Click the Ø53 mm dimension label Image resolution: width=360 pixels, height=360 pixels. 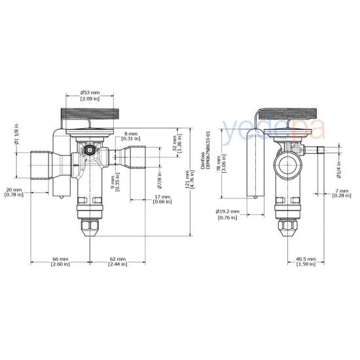(90, 96)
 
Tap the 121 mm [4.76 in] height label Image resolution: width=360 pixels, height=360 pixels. (189, 176)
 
